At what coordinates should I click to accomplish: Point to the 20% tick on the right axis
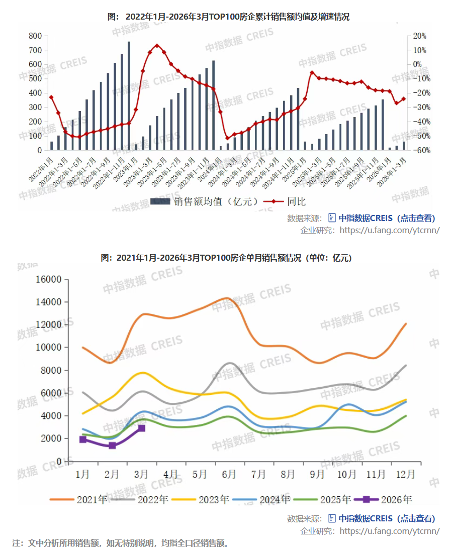pos(419,36)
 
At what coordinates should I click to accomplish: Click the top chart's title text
pos(228,17)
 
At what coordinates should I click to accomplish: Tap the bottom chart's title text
pos(226,258)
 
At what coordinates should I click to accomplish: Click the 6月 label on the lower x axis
pos(229,474)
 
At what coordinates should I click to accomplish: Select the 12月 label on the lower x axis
pos(405,474)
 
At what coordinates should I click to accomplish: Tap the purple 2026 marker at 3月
pos(142,428)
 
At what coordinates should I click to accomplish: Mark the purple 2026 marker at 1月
pos(83,439)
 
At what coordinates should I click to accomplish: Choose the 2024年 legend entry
pos(275,499)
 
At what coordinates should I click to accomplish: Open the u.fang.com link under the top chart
pos(390,230)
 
